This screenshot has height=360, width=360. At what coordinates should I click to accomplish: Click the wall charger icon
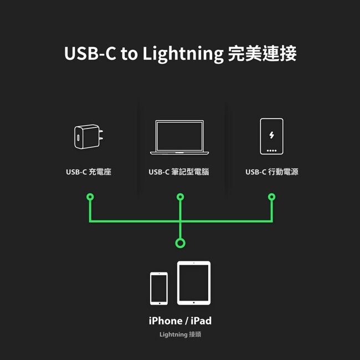(x=89, y=137)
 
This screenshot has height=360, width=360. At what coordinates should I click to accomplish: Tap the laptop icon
(x=179, y=137)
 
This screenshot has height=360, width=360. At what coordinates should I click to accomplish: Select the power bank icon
(x=271, y=136)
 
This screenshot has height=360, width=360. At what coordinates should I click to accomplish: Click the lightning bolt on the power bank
(x=271, y=135)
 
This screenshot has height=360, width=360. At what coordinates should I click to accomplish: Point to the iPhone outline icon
(x=159, y=289)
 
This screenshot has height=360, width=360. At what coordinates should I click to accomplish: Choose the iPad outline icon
(x=194, y=283)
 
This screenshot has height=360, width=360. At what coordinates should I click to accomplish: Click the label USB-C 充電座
(x=89, y=172)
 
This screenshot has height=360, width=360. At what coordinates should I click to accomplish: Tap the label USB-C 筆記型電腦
(x=179, y=172)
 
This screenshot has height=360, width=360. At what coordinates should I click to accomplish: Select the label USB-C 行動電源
(x=272, y=172)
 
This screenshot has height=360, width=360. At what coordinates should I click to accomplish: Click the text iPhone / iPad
(x=180, y=321)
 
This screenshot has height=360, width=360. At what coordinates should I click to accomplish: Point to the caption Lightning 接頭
(x=180, y=335)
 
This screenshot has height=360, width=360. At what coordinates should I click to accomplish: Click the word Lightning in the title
(x=183, y=54)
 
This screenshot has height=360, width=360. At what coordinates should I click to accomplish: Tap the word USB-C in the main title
(x=90, y=53)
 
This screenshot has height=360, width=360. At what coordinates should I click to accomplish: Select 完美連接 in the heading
(x=262, y=54)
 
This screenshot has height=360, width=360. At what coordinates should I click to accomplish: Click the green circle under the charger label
(x=90, y=197)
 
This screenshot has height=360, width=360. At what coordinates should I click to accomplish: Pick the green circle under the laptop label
(x=180, y=197)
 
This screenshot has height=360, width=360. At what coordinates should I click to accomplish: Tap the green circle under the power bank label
(x=271, y=197)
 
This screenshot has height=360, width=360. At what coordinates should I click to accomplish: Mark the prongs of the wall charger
(x=101, y=135)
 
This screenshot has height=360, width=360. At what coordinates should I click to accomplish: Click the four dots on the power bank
(x=271, y=151)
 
